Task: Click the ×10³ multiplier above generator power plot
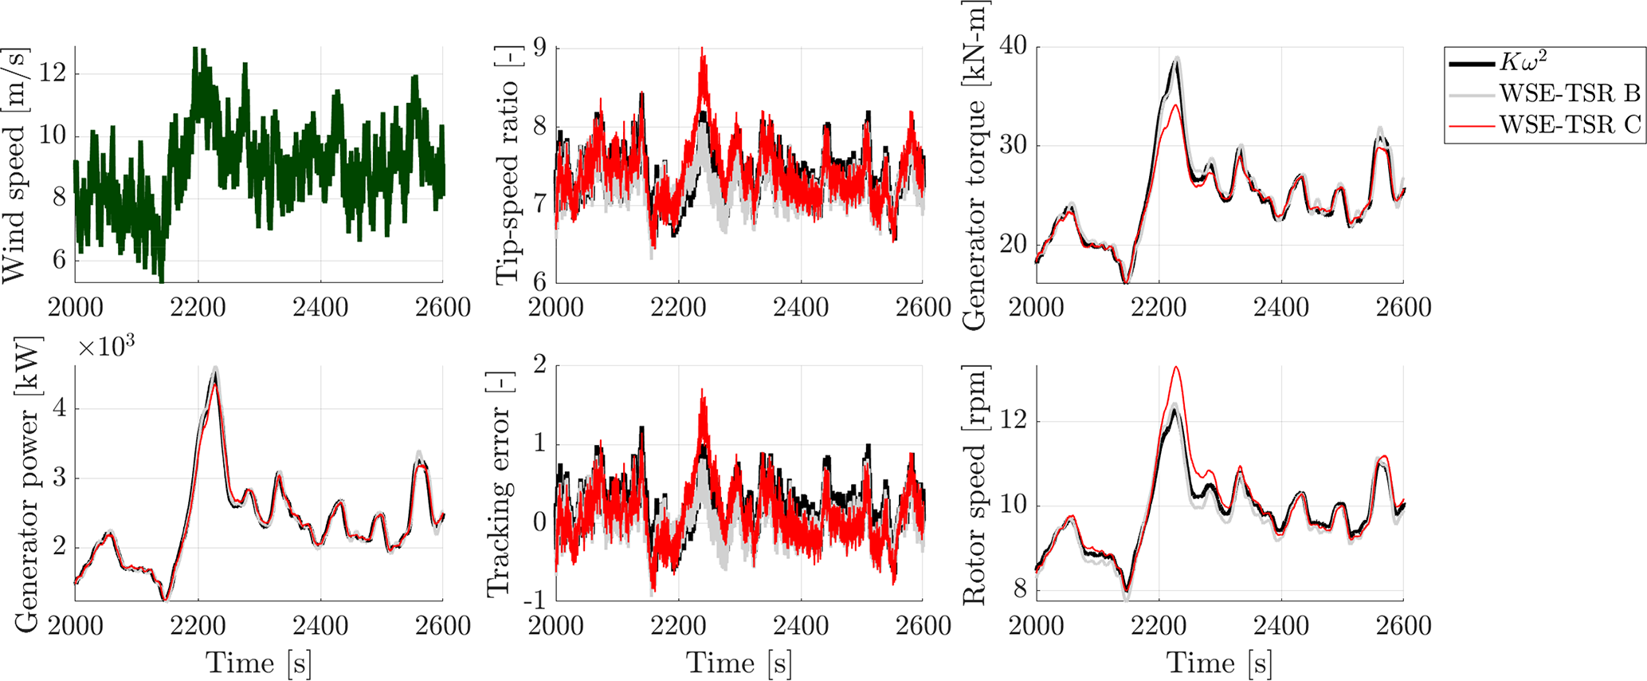(x=106, y=348)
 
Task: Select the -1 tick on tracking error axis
(x=535, y=600)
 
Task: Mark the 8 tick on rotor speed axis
(x=1021, y=590)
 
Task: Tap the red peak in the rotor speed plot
(x=1175, y=368)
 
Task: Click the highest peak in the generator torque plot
(x=1176, y=59)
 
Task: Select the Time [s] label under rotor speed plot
(x=1219, y=663)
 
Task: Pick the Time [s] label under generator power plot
(x=259, y=663)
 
